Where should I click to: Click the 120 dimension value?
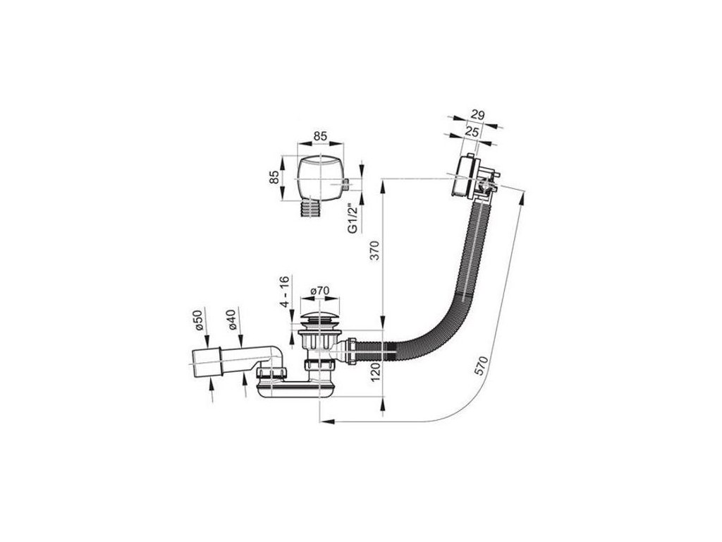pos(376,368)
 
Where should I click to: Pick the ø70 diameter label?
pos(321,290)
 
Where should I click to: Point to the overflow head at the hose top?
pos(467,176)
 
